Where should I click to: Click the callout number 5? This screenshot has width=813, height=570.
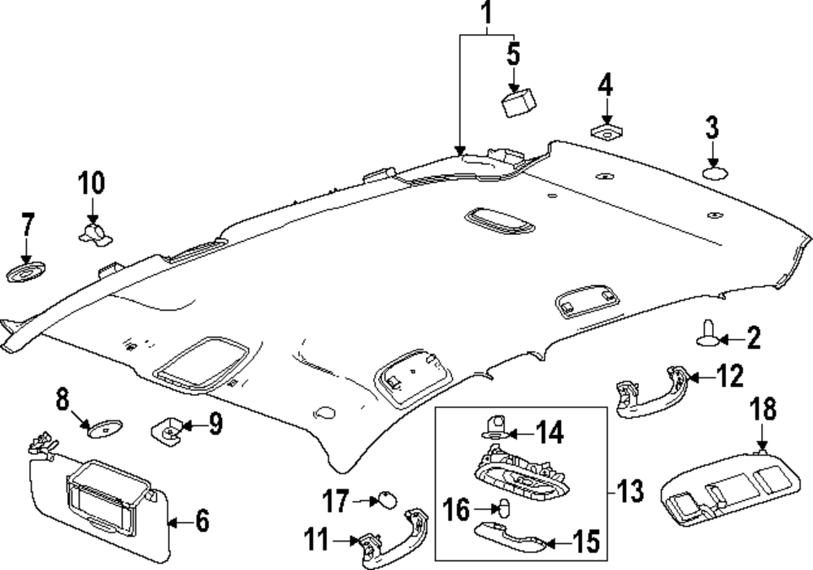(x=513, y=54)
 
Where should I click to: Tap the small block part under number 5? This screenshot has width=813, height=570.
(x=518, y=102)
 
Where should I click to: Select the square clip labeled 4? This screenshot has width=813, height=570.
(x=606, y=132)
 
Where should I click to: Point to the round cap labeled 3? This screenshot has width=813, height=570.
(x=715, y=173)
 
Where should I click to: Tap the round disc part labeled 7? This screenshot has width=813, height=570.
(x=25, y=272)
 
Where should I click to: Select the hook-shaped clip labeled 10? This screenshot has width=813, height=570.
(x=95, y=233)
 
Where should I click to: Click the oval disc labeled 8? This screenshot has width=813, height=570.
(x=105, y=429)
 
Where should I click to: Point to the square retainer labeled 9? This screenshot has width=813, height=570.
(x=167, y=429)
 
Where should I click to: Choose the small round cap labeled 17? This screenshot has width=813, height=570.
(x=387, y=500)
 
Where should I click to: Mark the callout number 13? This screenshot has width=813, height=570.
(x=630, y=490)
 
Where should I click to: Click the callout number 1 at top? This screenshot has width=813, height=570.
(x=486, y=14)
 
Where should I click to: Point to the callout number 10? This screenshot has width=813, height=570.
(x=91, y=183)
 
